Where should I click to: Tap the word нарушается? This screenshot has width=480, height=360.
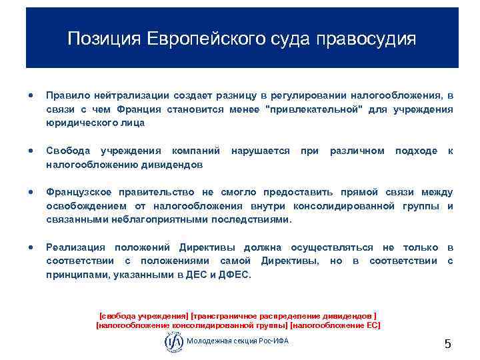point(260,151)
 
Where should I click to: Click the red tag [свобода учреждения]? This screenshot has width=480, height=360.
point(143,315)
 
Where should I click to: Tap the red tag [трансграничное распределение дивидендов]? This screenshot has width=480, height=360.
point(284,315)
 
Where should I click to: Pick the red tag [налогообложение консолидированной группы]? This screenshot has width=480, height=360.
point(193,325)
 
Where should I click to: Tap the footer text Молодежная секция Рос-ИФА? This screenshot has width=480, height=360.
point(238,341)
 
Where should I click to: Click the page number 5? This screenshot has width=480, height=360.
point(448,344)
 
